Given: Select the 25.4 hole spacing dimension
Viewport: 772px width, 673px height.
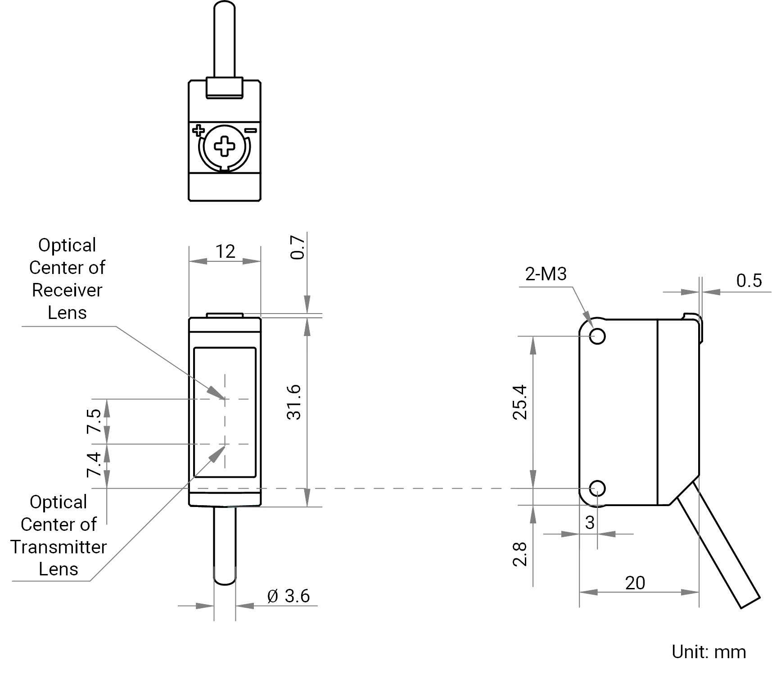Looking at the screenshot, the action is (x=520, y=402).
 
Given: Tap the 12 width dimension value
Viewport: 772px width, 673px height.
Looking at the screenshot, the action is (x=225, y=252).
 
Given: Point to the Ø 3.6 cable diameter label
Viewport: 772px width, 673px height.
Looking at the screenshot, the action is (x=289, y=596).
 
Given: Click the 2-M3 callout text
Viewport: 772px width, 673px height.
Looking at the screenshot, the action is (x=546, y=274).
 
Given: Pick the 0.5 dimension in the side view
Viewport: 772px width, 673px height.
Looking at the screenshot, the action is (x=749, y=280).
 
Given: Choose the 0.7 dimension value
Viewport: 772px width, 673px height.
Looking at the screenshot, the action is (x=298, y=247).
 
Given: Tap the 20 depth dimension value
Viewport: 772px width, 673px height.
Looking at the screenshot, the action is (x=635, y=583).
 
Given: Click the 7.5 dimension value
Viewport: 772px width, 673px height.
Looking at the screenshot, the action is (x=94, y=421).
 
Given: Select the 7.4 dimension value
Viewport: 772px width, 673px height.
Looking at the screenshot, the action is (x=94, y=465).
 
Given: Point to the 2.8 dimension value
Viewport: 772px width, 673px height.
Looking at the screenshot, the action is (x=520, y=554).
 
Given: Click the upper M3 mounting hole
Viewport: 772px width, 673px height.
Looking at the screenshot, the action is (x=597, y=336).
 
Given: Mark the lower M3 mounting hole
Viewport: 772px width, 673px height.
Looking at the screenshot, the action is (x=597, y=488).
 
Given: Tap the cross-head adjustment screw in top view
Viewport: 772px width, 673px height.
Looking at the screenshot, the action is (x=224, y=147).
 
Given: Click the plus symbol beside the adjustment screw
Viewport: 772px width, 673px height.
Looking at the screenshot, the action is (x=198, y=131).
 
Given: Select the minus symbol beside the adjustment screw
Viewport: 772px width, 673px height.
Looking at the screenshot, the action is (x=250, y=131).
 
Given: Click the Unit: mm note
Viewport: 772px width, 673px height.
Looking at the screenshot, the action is (x=709, y=652).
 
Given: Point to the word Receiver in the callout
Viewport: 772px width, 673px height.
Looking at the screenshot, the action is (x=67, y=290).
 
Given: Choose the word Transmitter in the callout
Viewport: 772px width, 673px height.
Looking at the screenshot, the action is (x=59, y=547).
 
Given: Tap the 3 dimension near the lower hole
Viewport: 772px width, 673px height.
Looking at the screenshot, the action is (x=590, y=522).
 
